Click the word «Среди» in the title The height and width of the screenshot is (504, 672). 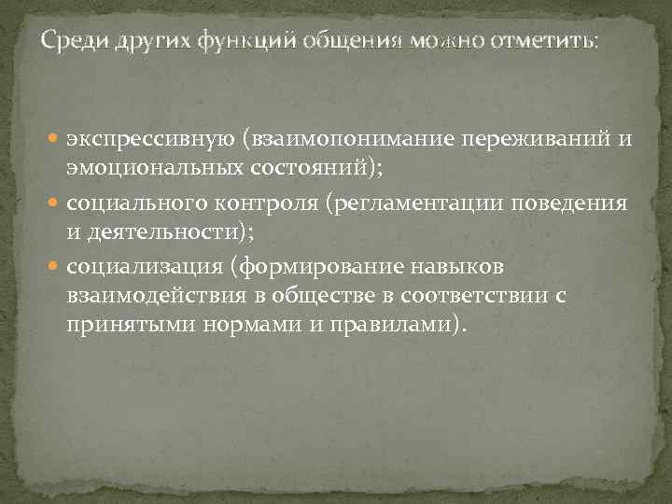click(x=72, y=41)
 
